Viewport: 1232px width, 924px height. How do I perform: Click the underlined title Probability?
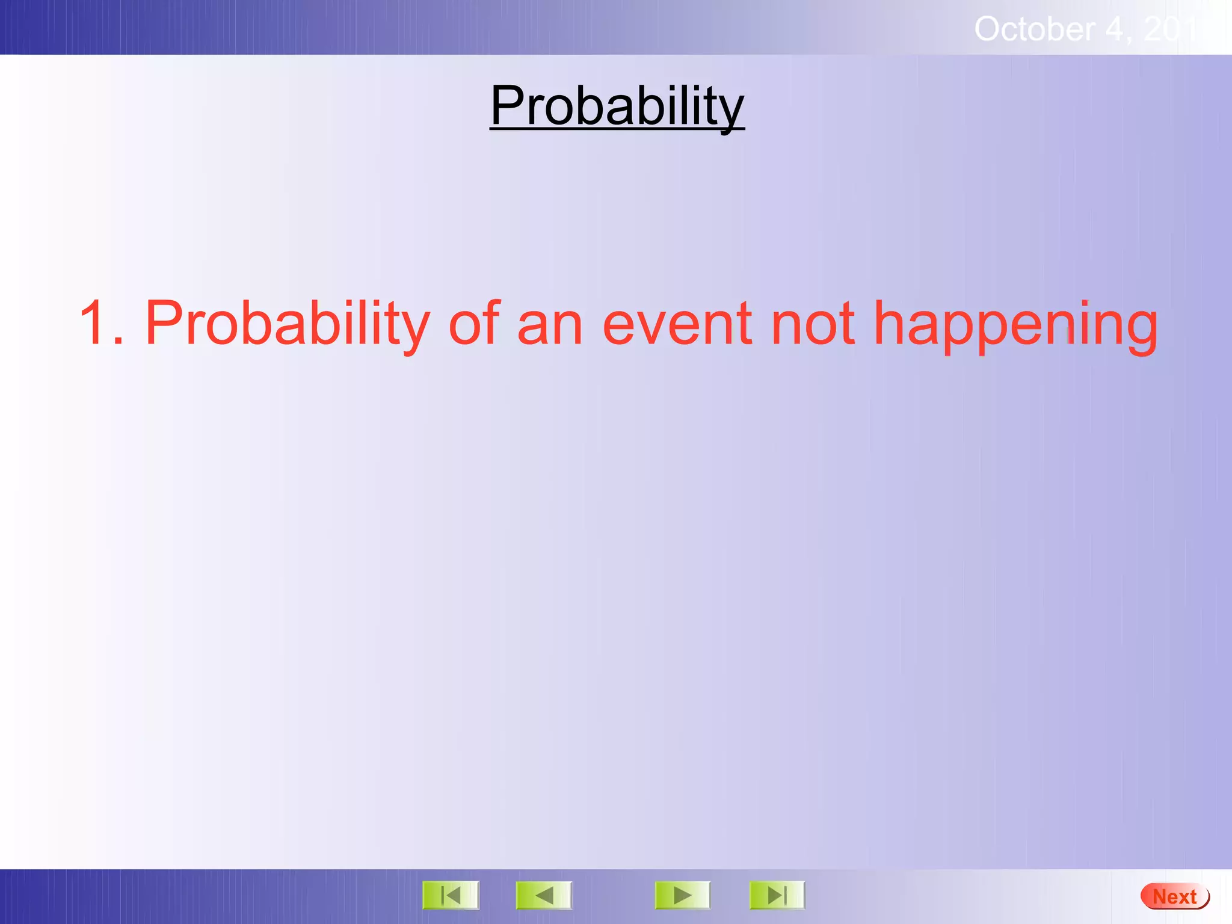coord(617,106)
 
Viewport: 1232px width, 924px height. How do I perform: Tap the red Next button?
coord(1174,896)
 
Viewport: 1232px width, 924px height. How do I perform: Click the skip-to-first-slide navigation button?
coord(451,895)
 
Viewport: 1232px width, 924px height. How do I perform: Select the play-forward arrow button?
coord(682,895)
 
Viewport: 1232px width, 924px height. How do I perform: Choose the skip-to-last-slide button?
coord(777,895)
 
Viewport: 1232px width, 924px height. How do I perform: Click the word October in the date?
coord(1034,29)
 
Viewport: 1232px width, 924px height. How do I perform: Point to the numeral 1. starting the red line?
coord(101,323)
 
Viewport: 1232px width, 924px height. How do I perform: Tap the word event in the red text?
coord(677,323)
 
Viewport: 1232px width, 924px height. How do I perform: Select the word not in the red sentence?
coord(812,323)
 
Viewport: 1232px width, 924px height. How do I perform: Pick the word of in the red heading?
coord(475,323)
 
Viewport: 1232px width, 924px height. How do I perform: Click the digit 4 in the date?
coord(1116,29)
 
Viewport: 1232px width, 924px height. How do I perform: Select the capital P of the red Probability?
coord(163,323)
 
